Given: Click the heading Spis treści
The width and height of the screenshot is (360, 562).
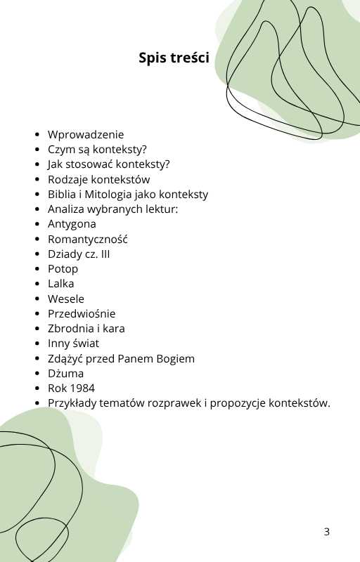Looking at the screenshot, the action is [x=174, y=58].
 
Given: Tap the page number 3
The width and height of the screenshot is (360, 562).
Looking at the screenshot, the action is [x=326, y=532].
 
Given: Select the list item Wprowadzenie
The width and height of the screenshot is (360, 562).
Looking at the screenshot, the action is [x=86, y=135].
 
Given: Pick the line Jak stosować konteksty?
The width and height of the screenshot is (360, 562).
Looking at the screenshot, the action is [x=108, y=164].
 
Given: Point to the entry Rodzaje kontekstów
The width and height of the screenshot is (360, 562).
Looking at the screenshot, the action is [x=98, y=180].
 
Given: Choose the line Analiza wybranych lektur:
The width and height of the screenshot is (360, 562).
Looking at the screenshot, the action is [x=113, y=209].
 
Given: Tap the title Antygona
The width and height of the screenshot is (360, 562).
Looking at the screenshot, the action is [x=72, y=224].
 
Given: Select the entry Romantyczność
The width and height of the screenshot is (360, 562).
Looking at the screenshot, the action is [x=88, y=240].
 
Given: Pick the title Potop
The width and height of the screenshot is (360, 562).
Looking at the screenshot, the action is [x=63, y=269].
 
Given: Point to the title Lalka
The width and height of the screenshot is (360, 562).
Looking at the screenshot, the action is [x=61, y=284].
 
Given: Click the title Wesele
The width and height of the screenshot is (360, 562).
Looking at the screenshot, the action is [x=66, y=299].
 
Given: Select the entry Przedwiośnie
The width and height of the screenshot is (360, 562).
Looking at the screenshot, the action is [x=82, y=314].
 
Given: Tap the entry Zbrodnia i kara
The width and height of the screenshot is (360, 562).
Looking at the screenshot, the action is [x=86, y=329].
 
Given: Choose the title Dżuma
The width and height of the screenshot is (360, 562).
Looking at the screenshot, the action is [x=65, y=374].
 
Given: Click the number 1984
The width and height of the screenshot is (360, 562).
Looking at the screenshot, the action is [x=82, y=388].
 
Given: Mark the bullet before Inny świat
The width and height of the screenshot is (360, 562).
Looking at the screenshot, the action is [x=37, y=344].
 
